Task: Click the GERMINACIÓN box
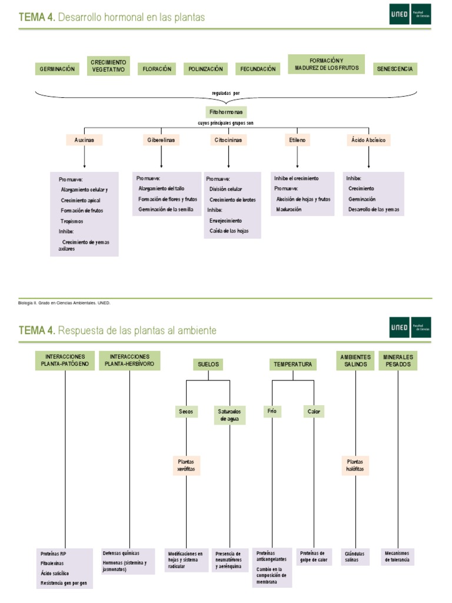57,69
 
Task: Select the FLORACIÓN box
157,69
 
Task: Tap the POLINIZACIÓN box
205,69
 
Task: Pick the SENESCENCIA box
395,69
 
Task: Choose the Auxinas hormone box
85,140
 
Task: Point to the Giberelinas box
161,140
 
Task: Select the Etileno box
298,140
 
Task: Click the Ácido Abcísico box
369,140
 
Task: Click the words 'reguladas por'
226,93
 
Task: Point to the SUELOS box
208,365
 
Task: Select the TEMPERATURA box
293,365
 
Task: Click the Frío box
272,411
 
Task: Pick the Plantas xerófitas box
186,466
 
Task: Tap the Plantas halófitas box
355,466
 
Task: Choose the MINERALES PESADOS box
399,360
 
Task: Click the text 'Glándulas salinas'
355,556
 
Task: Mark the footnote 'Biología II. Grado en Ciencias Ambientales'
65,303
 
